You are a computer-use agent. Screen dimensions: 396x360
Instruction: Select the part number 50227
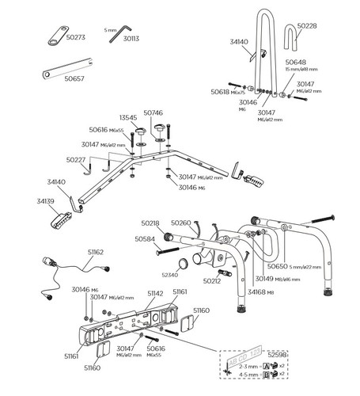coord(76,160)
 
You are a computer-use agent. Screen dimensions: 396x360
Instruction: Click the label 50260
coord(181,224)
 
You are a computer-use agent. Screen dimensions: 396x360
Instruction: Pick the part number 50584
coord(146,238)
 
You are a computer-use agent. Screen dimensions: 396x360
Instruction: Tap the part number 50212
coord(211,281)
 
